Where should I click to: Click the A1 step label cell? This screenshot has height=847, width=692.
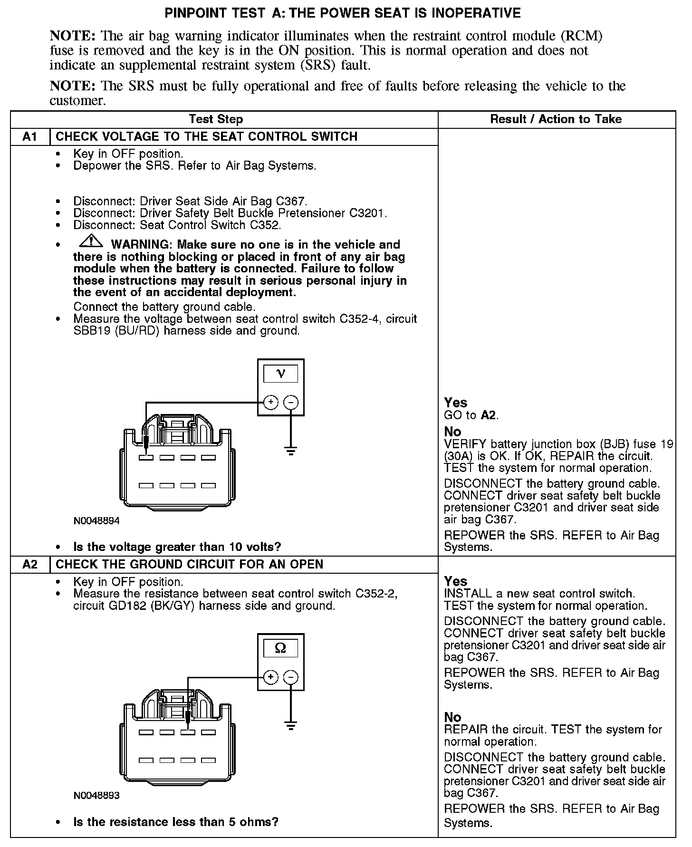click(x=30, y=137)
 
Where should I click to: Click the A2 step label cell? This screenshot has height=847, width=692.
click(x=30, y=565)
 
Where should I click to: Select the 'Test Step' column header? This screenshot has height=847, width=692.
click(x=216, y=119)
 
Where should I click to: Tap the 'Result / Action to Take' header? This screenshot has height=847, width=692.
click(x=556, y=119)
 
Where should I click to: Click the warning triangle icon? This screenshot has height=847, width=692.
click(x=91, y=241)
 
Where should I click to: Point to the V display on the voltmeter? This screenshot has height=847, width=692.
click(x=281, y=374)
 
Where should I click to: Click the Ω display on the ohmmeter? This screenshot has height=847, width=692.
click(x=281, y=648)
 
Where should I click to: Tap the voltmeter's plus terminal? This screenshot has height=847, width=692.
click(x=270, y=403)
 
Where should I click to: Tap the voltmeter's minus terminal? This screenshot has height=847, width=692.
click(x=291, y=403)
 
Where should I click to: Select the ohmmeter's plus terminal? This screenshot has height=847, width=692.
click(x=270, y=677)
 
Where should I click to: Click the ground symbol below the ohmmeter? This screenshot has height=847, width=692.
click(x=291, y=725)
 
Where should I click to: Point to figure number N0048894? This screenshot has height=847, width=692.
click(x=96, y=521)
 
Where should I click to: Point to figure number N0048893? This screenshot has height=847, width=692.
click(x=96, y=795)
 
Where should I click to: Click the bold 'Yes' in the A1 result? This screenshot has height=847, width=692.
click(x=455, y=403)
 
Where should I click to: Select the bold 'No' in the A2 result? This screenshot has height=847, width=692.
click(x=452, y=717)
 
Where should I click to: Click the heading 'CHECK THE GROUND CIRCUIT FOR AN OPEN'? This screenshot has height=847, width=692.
click(x=189, y=565)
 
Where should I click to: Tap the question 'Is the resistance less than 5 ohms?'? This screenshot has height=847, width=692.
click(x=176, y=822)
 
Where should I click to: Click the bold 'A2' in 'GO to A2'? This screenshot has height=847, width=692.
click(x=489, y=415)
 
